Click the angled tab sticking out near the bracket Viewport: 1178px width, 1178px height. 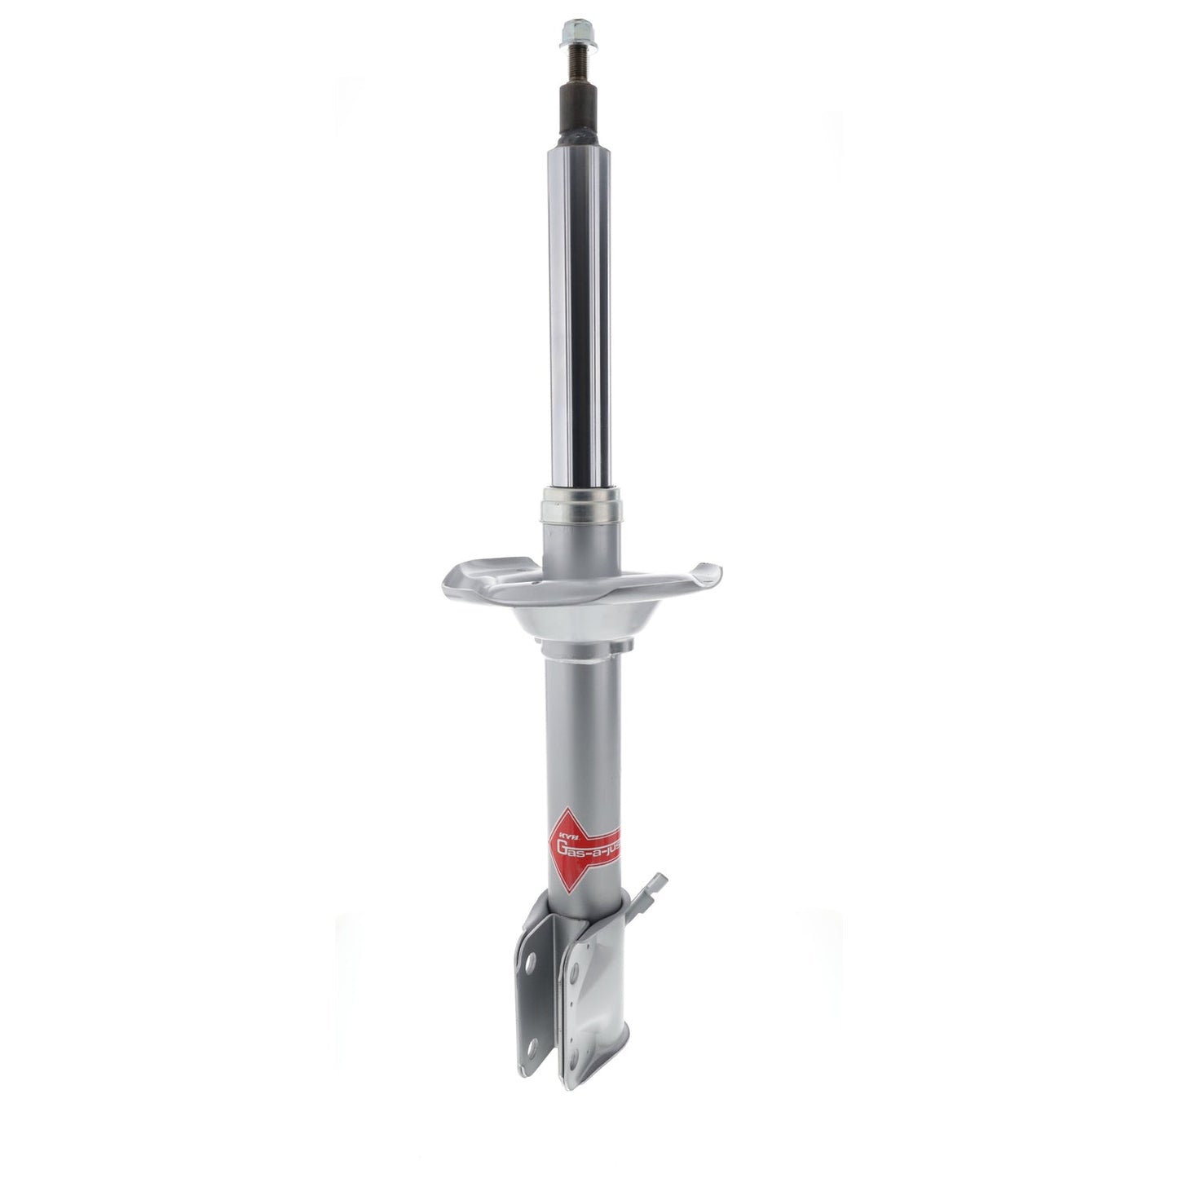(655, 892)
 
